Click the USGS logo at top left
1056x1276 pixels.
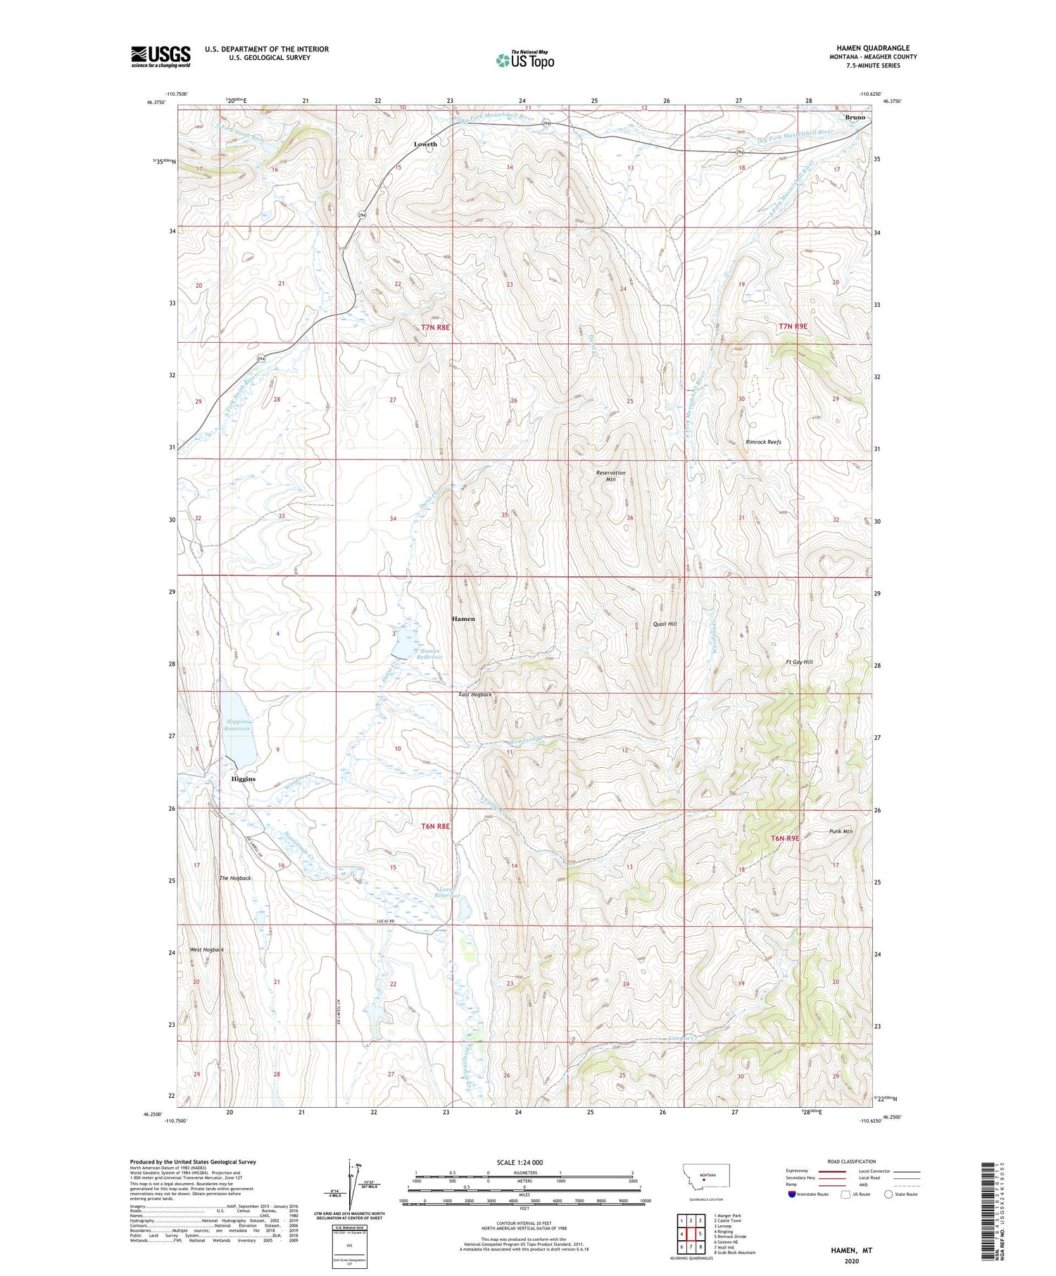coord(161,56)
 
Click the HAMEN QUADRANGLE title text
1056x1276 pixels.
coord(873,48)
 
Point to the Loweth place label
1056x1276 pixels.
coord(425,144)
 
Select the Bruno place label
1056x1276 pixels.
coord(855,118)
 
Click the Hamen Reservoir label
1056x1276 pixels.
coord(429,655)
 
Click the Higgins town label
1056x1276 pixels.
coord(243,779)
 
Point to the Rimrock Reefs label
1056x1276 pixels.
coord(763,442)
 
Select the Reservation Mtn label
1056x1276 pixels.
coord(610,476)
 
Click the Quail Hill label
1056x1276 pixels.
coord(665,624)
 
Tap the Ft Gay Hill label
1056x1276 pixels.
coord(799,662)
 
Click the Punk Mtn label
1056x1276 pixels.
coord(841,831)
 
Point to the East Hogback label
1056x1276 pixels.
coord(475,695)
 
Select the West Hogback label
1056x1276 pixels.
coord(206,949)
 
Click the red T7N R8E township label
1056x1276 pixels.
coord(435,327)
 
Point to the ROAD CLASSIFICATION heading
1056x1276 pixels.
coord(852,1161)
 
